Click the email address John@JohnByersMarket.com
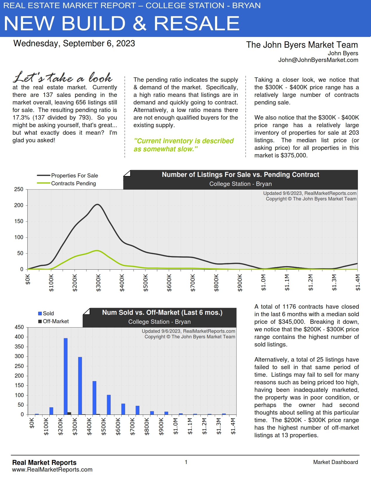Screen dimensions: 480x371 [318, 60]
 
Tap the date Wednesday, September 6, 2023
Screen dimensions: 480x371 [74, 43]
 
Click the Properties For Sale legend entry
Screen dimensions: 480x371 [74, 175]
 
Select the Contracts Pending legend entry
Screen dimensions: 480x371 [73, 183]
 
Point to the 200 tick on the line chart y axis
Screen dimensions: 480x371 [19, 205]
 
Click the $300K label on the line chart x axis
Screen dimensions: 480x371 [98, 283]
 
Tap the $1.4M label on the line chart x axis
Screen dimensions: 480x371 [358, 283]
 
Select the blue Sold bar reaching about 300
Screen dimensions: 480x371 [80, 385]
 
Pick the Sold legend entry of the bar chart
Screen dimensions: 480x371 [48, 313]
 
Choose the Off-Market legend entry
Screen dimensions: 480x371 [56, 321]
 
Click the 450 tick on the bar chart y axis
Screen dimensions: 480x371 [19, 327]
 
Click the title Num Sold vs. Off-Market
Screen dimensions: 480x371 [162, 312]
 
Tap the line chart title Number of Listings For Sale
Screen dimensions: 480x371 [240, 175]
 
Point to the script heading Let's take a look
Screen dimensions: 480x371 [63, 77]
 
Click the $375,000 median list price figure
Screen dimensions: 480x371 [294, 155]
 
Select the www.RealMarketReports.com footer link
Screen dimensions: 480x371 [52, 470]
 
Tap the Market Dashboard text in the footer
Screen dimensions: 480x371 [336, 462]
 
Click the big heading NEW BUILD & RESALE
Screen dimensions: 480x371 [122, 23]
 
